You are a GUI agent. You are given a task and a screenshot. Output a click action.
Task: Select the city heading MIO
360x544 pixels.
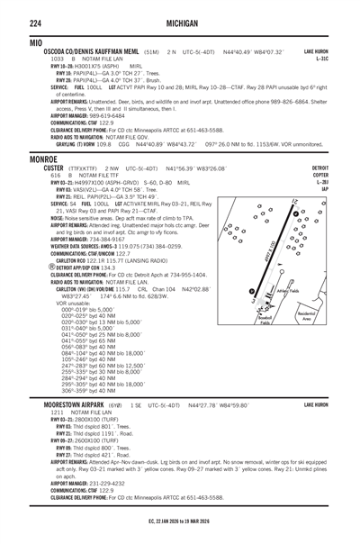(13, 42)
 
